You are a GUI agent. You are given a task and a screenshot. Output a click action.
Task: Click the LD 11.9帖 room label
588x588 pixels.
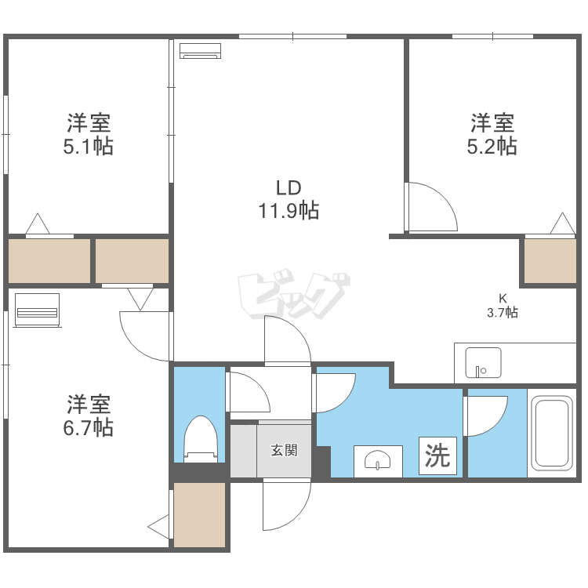coord(289,200)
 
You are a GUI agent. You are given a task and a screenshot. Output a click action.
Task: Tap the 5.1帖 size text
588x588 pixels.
coord(88,146)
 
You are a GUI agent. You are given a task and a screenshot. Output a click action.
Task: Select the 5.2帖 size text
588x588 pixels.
coord(492,146)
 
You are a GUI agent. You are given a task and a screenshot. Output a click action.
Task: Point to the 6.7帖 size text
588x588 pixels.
coord(88,427)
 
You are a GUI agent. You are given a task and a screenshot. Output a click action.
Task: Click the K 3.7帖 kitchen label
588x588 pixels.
coord(502,306)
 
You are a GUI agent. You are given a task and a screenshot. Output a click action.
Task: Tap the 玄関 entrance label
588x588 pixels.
coord(284,451)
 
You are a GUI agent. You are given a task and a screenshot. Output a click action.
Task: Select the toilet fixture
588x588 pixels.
coord(200,439)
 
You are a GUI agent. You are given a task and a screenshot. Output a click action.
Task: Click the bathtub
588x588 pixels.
coord(552,433)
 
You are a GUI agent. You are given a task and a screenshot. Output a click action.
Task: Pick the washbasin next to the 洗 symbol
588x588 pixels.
coord(378,461)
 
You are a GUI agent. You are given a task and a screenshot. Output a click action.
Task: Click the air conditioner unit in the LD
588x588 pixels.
coord(201,51)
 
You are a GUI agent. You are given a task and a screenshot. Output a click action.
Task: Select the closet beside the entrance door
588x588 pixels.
coord(199,515)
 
